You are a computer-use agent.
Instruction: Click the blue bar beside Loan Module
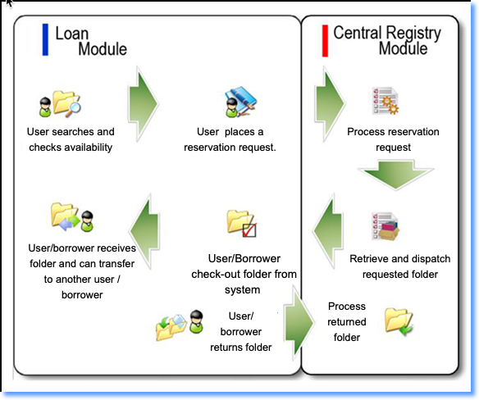point(45,39)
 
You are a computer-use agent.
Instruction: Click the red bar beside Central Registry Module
point(325,41)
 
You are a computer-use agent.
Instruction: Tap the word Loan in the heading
point(72,34)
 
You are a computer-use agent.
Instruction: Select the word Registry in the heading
point(413,33)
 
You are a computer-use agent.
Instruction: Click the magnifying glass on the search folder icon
point(73,109)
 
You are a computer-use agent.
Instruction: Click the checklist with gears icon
point(385,101)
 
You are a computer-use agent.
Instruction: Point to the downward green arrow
point(396,175)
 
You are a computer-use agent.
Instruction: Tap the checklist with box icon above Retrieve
point(385,226)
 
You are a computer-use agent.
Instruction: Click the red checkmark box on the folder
point(249,230)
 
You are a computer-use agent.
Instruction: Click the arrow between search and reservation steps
point(144,104)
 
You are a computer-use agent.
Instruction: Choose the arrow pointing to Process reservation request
point(330,104)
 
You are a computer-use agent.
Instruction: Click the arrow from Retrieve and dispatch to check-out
point(328,231)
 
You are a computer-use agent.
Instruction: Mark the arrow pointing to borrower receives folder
point(145,231)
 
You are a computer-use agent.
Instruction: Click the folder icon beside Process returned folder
point(399,321)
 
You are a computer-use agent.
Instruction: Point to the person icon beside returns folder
point(196,321)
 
